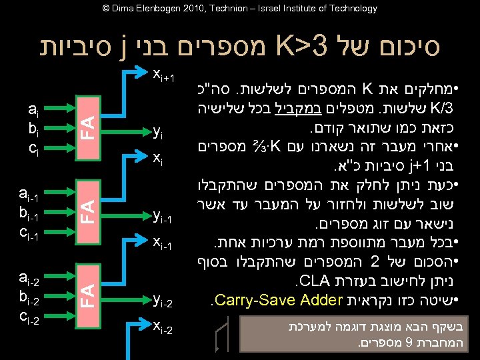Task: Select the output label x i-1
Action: (163, 244)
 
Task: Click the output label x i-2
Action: (163, 326)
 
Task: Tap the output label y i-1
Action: (163, 216)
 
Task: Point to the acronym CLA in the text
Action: (315, 279)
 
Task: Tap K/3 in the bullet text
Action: (444, 107)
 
